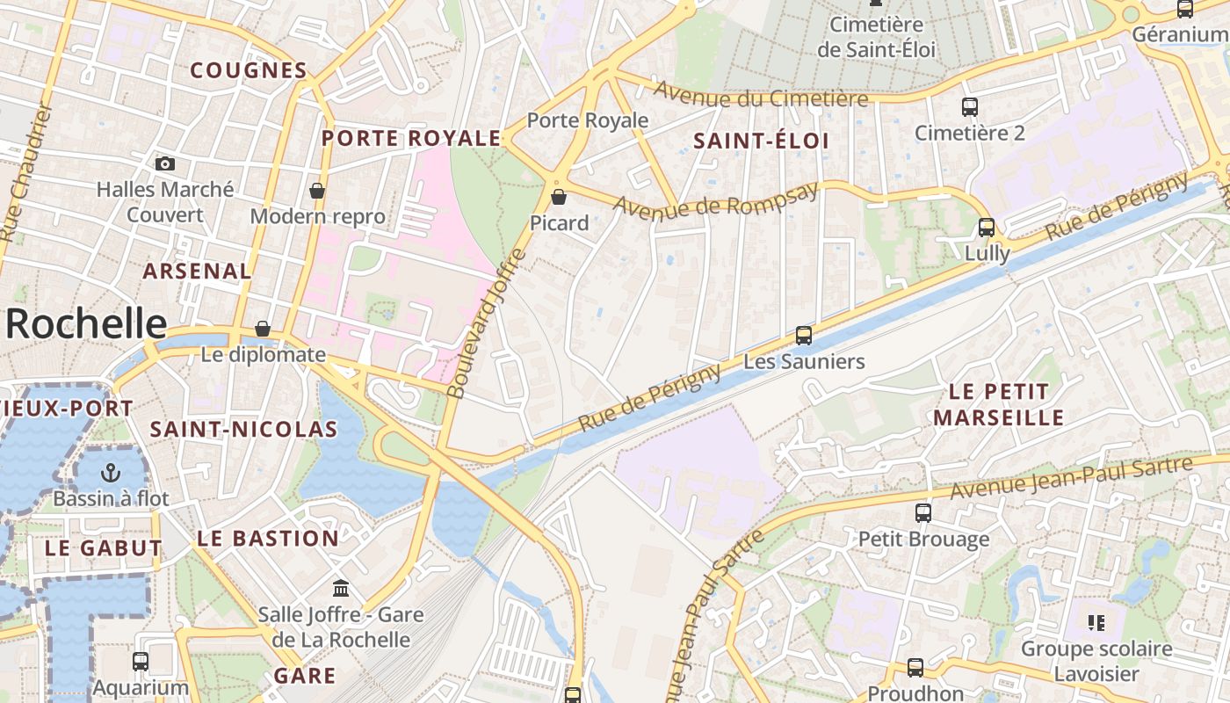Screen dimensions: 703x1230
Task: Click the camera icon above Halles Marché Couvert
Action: coord(164,163)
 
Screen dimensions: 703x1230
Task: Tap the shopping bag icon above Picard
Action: coord(558,197)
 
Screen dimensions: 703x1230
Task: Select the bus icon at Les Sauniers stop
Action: coord(803,335)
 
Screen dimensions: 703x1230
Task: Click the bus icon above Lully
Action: coord(987,228)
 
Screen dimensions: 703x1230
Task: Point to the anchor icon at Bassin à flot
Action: coord(110,473)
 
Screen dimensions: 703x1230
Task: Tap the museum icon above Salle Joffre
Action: coord(341,588)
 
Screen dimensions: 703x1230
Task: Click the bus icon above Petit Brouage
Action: coord(922,513)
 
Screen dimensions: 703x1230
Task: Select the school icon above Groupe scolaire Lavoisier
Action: coord(1096,623)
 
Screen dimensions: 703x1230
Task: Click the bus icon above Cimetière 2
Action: coord(970,107)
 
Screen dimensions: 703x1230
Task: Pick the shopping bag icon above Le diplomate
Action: coord(263,329)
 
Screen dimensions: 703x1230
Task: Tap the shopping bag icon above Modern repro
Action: coord(317,190)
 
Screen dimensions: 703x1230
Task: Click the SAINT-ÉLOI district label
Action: coord(761,141)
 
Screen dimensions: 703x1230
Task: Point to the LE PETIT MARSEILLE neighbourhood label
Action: coord(999,404)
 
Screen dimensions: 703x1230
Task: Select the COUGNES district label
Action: coord(249,70)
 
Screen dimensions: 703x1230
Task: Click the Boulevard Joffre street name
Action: coord(485,323)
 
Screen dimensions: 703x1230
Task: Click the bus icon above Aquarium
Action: coord(141,662)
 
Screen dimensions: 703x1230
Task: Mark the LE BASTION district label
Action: coord(268,539)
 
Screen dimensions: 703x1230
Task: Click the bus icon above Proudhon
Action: coord(915,668)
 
